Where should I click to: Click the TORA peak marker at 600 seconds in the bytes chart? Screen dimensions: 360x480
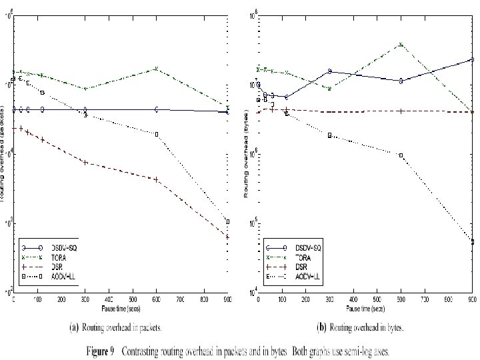401,44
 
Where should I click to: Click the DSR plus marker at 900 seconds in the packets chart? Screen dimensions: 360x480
228,237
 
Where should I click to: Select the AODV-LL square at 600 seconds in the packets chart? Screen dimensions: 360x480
156,134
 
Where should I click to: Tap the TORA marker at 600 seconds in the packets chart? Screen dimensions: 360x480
156,69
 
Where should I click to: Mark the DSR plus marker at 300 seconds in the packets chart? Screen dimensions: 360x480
85,162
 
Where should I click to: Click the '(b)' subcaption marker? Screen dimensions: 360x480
321,328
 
